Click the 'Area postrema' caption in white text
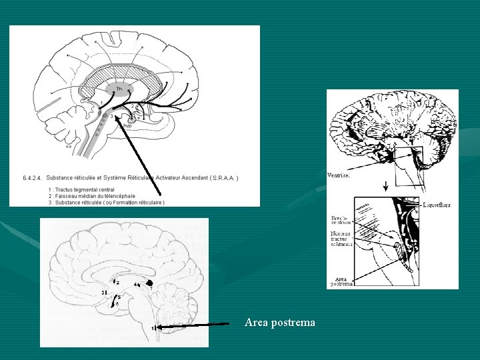click(x=280, y=323)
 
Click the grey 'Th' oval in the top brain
click(x=119, y=89)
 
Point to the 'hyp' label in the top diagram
click(x=127, y=125)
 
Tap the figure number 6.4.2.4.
click(x=31, y=178)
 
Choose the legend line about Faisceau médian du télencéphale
click(x=91, y=196)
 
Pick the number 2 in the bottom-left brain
click(x=118, y=283)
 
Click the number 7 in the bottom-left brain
click(x=151, y=289)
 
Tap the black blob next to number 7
click(x=149, y=283)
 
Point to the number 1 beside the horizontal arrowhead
click(x=153, y=328)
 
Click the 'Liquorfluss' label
click(x=436, y=205)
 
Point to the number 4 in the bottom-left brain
click(x=135, y=285)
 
